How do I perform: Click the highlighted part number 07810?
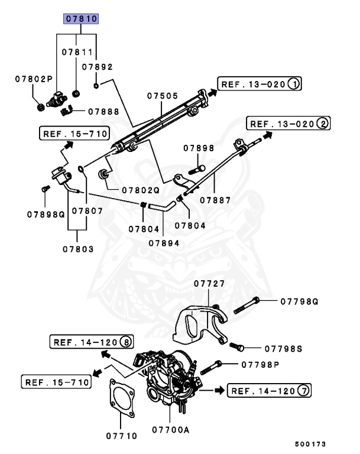(81, 20)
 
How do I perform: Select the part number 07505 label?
(163, 95)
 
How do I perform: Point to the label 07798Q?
(299, 301)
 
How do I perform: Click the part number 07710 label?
(121, 436)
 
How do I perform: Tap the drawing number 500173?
(309, 443)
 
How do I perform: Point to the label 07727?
(209, 284)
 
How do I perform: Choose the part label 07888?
(103, 111)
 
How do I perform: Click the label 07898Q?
(44, 213)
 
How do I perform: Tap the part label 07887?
(215, 200)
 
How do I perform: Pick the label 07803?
(78, 249)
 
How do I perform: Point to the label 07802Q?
(141, 190)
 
